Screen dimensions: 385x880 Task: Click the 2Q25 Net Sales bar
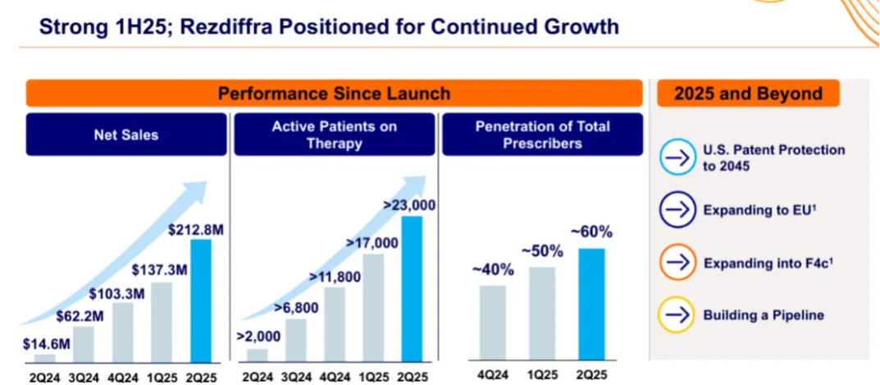click(201, 300)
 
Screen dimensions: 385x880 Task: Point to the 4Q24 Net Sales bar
click(122, 332)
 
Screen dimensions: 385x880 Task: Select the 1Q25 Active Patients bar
click(373, 307)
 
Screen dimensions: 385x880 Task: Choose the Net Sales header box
click(126, 135)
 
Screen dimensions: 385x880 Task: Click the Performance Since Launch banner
click(334, 93)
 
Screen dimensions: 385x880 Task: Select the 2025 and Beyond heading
click(747, 93)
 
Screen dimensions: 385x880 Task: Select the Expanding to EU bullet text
click(755, 211)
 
